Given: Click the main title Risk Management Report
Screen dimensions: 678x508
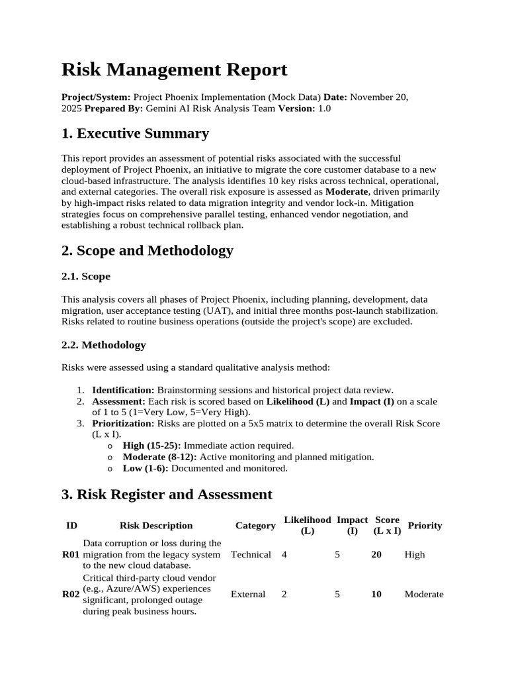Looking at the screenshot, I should (175, 70).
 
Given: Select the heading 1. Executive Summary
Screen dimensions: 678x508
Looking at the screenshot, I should (135, 133).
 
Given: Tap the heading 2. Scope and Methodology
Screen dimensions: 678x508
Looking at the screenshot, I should (147, 250).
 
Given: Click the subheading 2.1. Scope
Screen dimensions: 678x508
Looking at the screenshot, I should (86, 276).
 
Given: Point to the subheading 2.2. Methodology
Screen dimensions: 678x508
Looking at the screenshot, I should (104, 345).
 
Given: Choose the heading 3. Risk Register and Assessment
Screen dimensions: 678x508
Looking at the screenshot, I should (167, 494).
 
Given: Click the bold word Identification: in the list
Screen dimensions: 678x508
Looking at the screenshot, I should (123, 391).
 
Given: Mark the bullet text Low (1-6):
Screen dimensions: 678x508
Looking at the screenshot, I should (146, 468).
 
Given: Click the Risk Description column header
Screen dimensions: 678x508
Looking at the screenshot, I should (156, 526).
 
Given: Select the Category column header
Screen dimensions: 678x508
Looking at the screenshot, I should (255, 526).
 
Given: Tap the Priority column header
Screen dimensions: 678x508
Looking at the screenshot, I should (425, 526).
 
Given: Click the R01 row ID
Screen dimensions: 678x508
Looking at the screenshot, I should (71, 555).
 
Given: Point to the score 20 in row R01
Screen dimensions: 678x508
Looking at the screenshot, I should (376, 555).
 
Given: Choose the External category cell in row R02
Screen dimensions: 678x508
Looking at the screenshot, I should (248, 595).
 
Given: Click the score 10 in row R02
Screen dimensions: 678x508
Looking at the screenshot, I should (376, 595).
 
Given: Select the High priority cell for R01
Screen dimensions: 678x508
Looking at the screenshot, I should (415, 555).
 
